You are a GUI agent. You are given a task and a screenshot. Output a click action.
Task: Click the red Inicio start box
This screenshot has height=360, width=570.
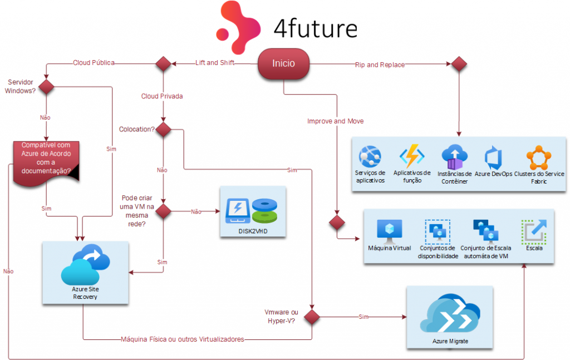coord(283,63)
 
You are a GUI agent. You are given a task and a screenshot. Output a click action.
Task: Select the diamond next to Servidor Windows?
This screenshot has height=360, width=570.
coord(46,87)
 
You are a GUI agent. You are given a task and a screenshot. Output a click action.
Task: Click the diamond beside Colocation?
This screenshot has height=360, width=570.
coord(163,130)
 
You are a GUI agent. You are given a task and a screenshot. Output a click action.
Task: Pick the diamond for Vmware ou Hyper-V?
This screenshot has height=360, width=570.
coord(311,317)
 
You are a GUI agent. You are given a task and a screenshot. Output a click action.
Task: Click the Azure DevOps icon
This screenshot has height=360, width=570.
coord(494,158)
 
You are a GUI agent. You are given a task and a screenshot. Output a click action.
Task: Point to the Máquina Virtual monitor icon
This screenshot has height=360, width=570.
coord(389,230)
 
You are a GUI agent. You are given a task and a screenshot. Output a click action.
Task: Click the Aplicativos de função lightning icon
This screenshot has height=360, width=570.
coord(412,157)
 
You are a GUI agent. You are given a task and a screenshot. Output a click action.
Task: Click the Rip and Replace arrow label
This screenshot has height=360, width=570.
coord(380,65)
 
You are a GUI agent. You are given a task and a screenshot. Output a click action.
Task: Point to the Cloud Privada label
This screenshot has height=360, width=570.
coord(162,96)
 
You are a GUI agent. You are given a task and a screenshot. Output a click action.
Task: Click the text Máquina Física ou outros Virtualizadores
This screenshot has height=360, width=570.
coord(182,339)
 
